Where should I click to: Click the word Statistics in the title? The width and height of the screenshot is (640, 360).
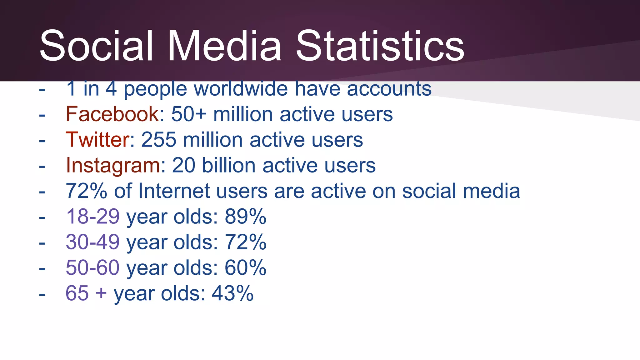click(380, 46)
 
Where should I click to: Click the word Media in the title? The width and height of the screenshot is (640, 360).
click(224, 46)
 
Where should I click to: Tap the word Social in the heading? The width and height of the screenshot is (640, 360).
click(97, 46)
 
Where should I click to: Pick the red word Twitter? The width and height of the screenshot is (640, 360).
click(97, 140)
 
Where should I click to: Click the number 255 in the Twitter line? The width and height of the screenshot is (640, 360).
click(159, 140)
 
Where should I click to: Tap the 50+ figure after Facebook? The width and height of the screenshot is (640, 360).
click(189, 114)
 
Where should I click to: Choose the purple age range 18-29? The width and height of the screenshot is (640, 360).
click(92, 216)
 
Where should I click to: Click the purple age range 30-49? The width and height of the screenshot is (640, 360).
click(92, 242)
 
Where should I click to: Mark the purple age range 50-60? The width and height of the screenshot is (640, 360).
click(92, 267)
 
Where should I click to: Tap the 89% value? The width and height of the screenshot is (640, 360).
click(246, 216)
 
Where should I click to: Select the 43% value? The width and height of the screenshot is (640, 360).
click(232, 293)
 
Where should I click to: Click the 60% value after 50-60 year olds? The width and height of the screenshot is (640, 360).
click(246, 267)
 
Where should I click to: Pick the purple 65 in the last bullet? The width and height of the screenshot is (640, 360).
click(77, 293)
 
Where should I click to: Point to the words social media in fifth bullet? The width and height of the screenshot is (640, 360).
click(461, 191)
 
